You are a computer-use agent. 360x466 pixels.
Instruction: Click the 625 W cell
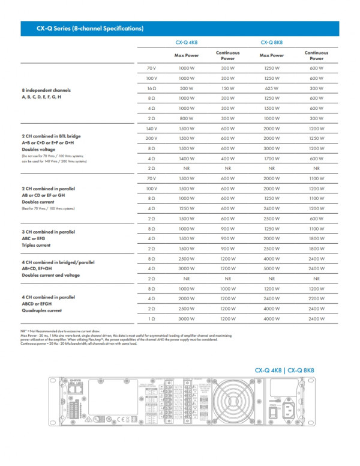point(271,88)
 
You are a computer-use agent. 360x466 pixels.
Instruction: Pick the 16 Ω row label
point(151,88)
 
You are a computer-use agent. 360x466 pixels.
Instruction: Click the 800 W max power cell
point(187,119)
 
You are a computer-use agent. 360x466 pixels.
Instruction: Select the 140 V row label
point(151,129)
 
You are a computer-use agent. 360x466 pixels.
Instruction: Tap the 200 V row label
point(151,138)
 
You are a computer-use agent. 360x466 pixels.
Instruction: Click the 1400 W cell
point(187,159)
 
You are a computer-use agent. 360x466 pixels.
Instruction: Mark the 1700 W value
point(271,159)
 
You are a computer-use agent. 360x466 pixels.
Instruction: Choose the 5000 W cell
point(271,268)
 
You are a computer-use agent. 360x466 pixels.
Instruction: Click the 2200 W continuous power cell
point(316,298)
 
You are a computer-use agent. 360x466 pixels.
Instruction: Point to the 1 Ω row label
point(151,318)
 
